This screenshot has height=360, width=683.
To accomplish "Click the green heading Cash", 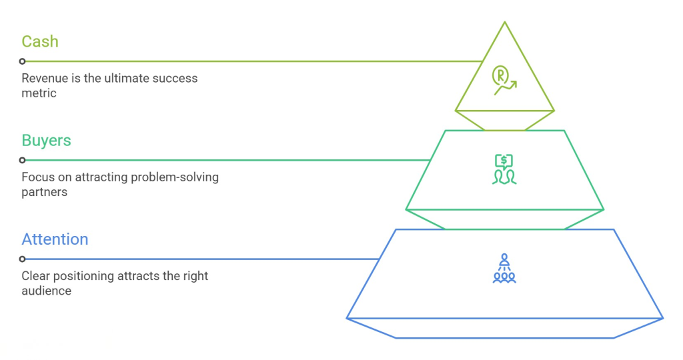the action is coord(40,41).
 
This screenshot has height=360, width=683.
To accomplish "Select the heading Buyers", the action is coord(46,141).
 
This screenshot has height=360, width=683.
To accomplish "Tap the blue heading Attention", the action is coord(55,239).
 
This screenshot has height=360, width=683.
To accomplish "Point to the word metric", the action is coord(39,93).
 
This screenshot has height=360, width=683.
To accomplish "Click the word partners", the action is coord(45,193).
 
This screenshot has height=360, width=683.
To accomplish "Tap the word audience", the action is coord(47,291).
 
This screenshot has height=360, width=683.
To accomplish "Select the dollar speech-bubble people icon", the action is coord(504,169).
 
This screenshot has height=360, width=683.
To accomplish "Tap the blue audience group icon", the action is coord(504,269).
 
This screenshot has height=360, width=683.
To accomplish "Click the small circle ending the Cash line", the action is coord(22,61).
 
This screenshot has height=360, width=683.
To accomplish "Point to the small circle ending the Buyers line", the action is coord(22,160).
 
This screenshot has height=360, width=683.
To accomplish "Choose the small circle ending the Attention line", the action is coord(22,259).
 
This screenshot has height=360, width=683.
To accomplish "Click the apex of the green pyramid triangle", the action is coord(505,22).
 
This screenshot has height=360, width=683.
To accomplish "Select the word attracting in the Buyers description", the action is coord(102,177).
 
